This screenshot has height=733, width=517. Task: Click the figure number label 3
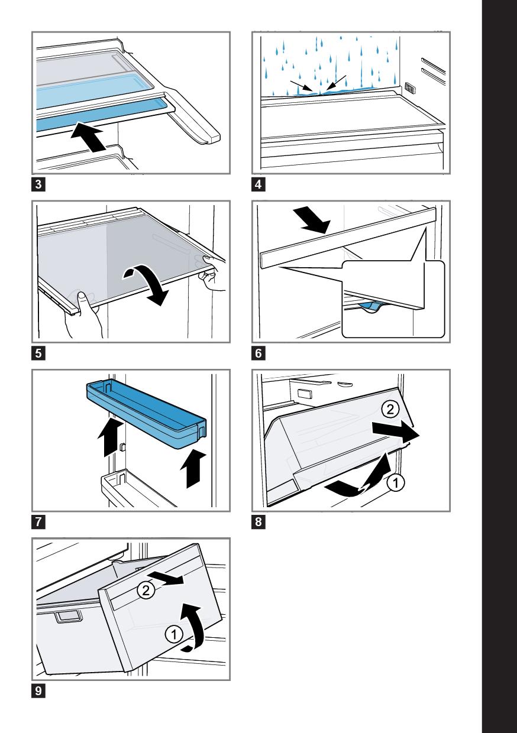click(38, 184)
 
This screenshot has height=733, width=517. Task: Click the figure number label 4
click(258, 184)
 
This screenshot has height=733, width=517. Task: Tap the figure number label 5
click(38, 353)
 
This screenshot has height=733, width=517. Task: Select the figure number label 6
click(258, 353)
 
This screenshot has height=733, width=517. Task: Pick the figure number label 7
click(38, 521)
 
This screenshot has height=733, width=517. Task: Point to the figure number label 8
click(258, 521)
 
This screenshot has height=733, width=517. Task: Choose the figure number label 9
click(38, 690)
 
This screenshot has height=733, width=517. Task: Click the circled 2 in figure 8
click(390, 410)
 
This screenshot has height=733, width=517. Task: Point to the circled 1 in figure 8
click(396, 483)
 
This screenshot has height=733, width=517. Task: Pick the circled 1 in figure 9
click(174, 635)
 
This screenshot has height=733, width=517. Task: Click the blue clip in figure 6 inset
click(370, 306)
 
